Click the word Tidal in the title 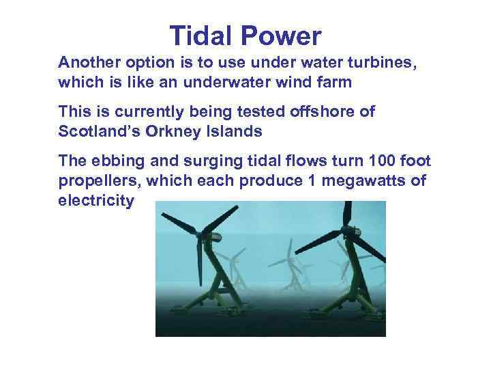[200, 36]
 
